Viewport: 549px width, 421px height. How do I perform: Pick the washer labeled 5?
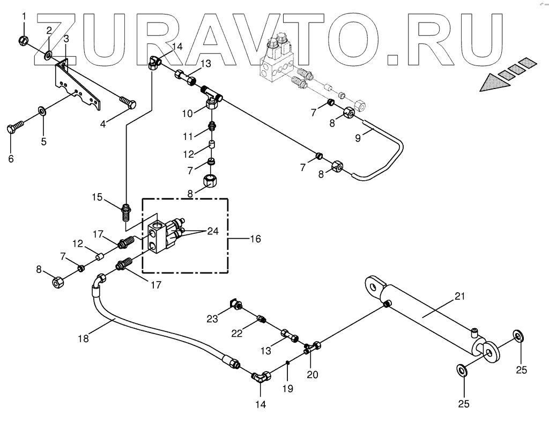[x=42, y=112]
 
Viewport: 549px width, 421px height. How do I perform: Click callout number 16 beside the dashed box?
[x=255, y=239]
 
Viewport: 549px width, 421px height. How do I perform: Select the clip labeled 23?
[x=234, y=305]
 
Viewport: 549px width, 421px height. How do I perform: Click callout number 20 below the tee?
[x=312, y=375]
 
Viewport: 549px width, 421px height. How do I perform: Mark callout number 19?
[x=288, y=388]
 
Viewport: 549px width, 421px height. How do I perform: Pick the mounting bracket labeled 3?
[x=78, y=86]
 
